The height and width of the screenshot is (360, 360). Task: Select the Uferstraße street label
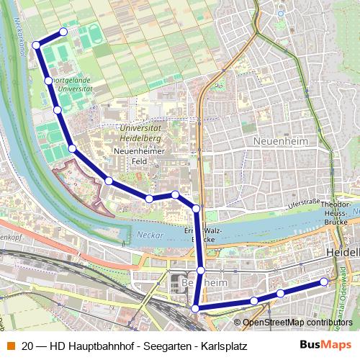point(303,206)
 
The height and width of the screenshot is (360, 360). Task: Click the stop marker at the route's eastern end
point(324,282)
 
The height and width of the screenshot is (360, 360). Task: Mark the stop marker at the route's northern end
point(63,32)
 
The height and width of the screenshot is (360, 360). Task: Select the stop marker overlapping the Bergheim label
point(201,271)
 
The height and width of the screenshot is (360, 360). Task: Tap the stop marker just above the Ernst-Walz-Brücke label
point(197,208)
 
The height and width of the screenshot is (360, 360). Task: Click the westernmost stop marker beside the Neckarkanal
point(36,45)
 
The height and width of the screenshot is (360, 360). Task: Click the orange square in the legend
point(10,345)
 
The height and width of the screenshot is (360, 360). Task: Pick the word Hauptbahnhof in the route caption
point(90,345)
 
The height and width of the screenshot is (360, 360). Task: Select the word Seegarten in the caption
point(163,345)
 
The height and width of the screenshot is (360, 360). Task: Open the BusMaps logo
point(328,344)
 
